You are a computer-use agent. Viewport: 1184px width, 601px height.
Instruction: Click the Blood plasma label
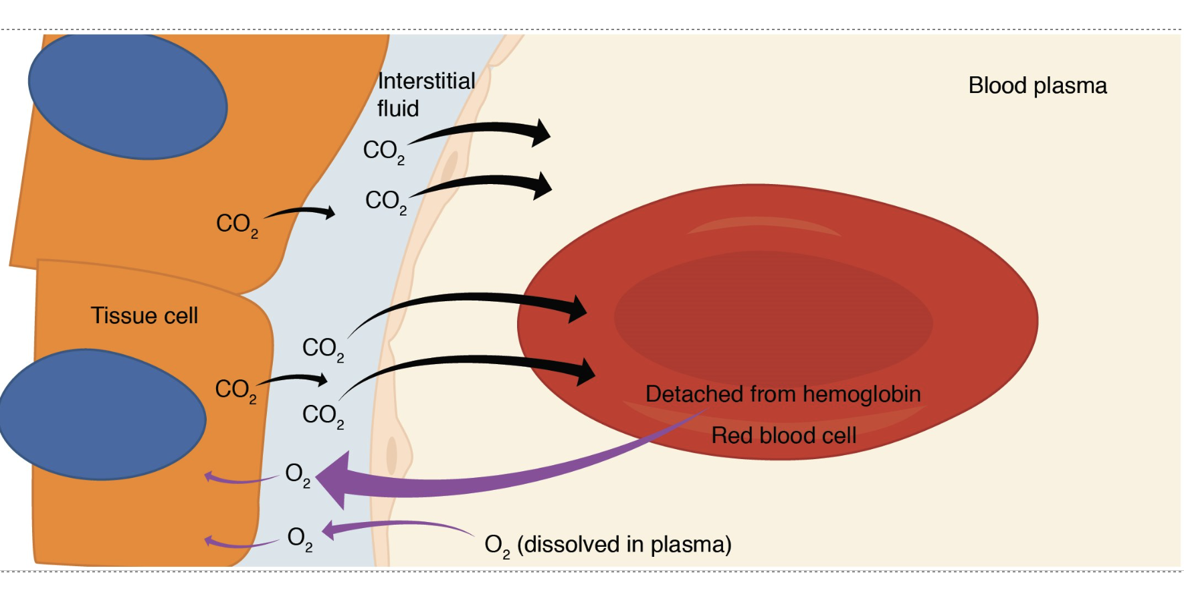[1037, 86]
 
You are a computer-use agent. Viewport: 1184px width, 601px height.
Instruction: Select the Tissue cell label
[144, 315]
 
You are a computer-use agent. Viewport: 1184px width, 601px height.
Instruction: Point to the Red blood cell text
[783, 436]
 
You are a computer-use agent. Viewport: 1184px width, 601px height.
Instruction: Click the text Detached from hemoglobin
[783, 394]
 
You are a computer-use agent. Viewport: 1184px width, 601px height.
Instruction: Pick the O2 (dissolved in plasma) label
[607, 545]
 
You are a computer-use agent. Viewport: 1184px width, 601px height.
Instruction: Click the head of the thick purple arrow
[334, 479]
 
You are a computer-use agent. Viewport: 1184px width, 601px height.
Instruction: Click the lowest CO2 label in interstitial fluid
[322, 416]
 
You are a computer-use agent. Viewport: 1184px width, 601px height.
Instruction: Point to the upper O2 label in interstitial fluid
[297, 474]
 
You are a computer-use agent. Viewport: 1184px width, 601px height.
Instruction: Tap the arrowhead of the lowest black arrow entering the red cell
[585, 371]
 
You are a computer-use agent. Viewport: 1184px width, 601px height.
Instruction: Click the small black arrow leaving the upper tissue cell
[301, 212]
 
